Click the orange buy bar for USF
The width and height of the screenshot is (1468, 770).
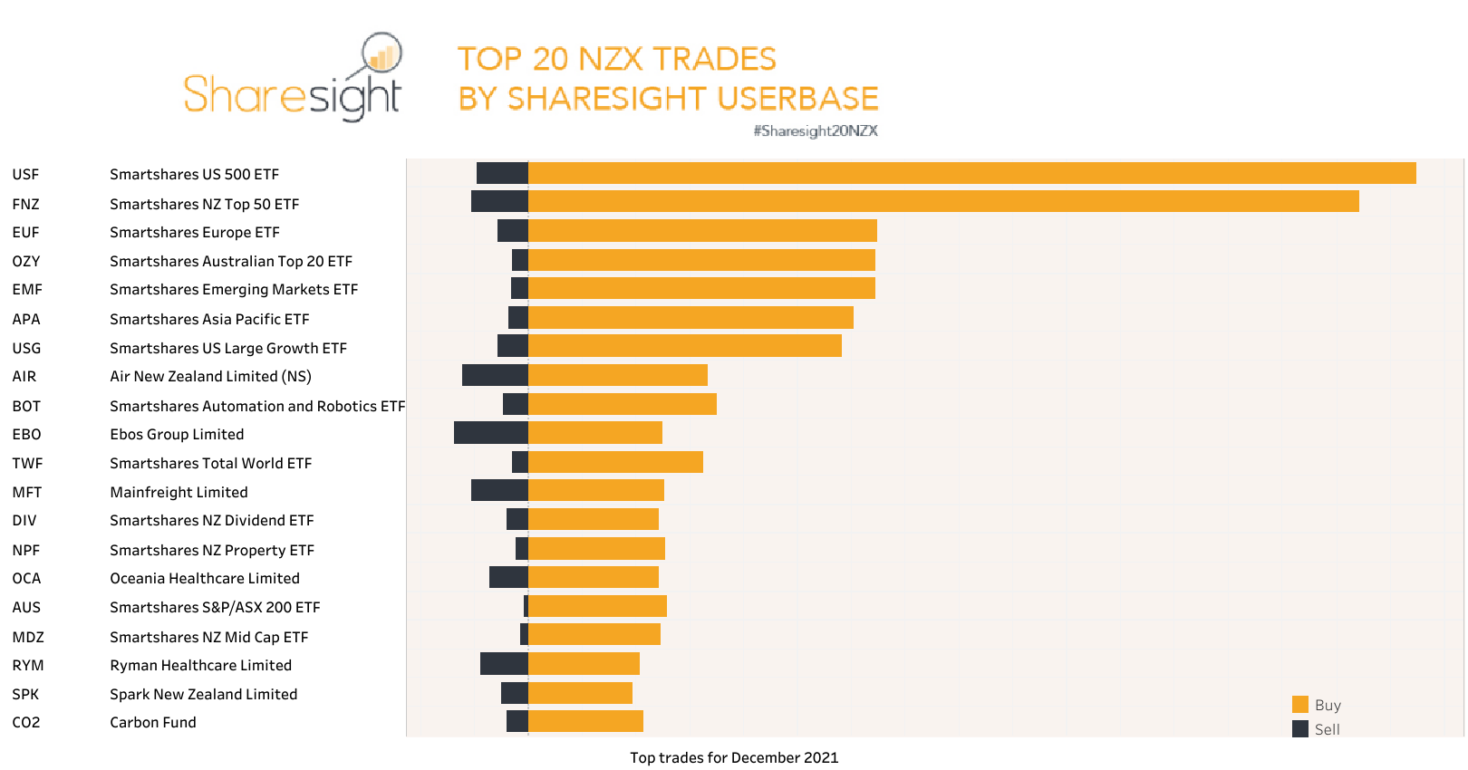coord(971,173)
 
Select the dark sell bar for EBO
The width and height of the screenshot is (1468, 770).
coord(490,433)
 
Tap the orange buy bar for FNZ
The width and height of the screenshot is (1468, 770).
coord(942,201)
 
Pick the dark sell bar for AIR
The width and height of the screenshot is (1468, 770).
coord(495,375)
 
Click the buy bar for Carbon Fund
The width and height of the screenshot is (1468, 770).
coord(585,721)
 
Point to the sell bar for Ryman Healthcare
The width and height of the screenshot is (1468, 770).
coord(504,664)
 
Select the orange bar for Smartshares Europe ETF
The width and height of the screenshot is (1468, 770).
coord(702,231)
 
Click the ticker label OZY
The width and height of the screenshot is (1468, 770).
coord(26,261)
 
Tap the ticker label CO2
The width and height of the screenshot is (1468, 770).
coord(26,722)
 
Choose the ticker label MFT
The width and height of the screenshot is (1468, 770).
coord(27,492)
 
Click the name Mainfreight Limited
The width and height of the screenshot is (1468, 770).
coord(179,492)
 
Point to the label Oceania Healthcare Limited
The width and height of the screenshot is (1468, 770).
coord(205,578)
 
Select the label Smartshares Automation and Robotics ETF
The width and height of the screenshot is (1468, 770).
coord(257,406)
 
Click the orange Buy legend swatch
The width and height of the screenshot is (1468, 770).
coord(1300,705)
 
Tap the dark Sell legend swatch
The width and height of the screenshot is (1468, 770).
coord(1300,729)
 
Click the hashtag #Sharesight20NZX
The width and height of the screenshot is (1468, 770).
coord(816,130)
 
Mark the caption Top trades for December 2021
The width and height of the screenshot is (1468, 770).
coord(734,757)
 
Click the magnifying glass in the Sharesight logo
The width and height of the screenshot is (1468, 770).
coord(381,53)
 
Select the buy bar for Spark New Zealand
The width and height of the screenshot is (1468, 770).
coord(580,693)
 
